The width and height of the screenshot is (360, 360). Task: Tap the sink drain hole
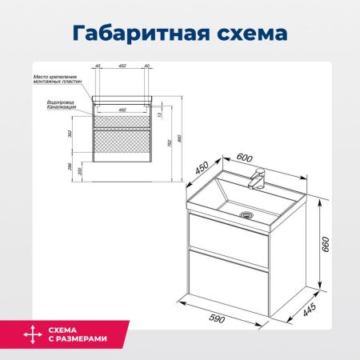point(247,214)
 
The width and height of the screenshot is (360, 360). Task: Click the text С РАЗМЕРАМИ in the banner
point(76,339)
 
